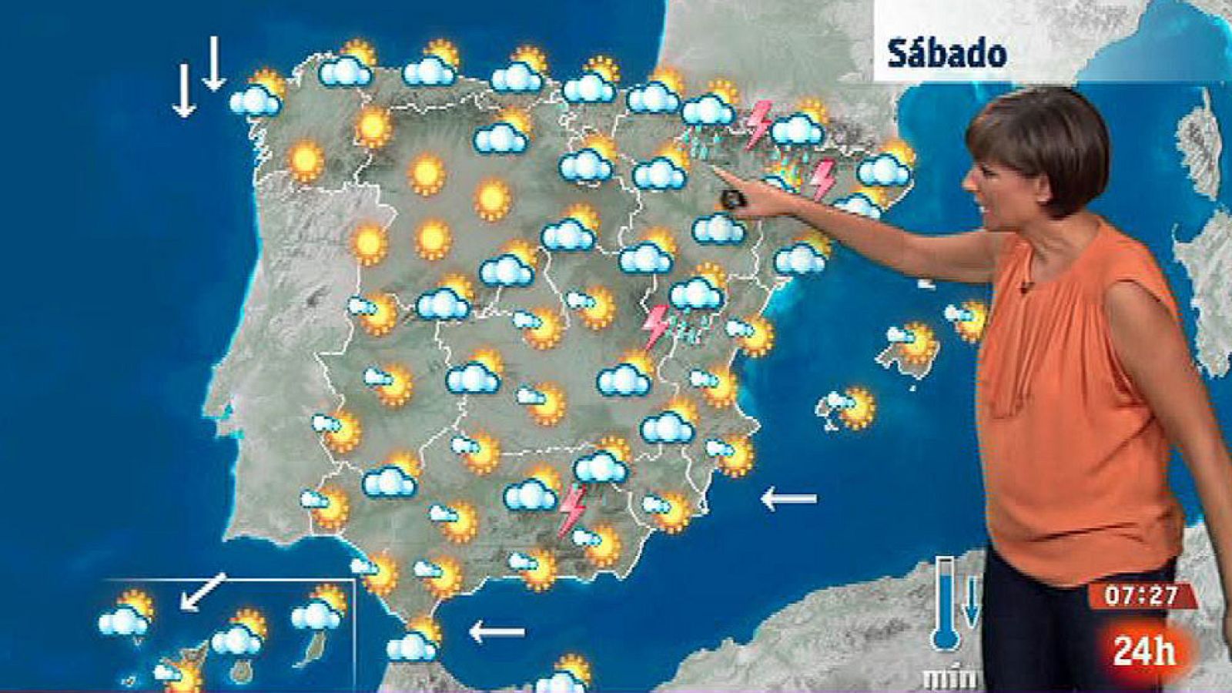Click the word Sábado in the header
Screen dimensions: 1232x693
947,54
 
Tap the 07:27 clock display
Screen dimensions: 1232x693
1143,597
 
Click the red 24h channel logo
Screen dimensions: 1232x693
1144,652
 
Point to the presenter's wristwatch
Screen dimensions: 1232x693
731,199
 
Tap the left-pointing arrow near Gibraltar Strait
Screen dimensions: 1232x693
497,633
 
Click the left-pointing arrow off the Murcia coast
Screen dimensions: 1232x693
788,499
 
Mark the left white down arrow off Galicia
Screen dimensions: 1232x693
183,91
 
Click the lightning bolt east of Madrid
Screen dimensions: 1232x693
656,326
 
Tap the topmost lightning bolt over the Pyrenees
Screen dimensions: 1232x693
759,123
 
